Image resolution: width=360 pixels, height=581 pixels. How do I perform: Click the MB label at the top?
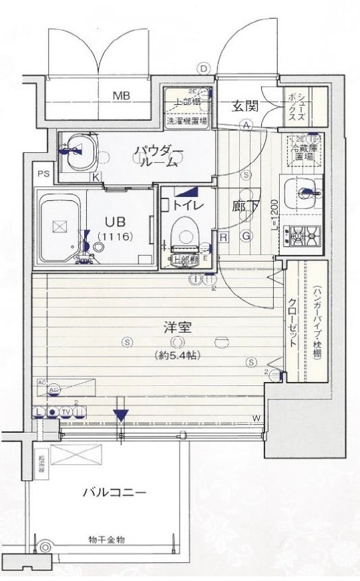pos(121,95)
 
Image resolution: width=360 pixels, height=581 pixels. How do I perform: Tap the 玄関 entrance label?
pos(245,106)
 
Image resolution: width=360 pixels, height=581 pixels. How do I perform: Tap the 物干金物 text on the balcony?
pos(106,539)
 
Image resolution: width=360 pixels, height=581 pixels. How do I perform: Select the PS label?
pos(43,174)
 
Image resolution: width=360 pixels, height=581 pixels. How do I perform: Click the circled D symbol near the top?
pos(203,67)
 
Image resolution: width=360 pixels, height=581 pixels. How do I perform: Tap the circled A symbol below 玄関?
pos(246,125)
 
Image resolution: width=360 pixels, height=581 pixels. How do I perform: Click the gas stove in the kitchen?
pos(304,234)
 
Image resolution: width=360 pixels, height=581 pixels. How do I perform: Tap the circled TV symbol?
pos(65,412)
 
